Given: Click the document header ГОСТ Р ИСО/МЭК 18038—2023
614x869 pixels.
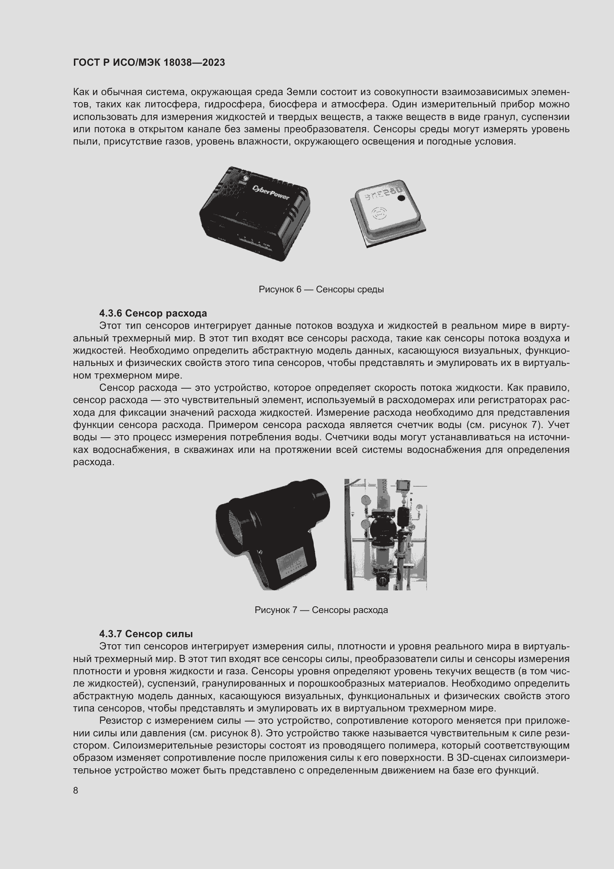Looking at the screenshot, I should click(x=149, y=62).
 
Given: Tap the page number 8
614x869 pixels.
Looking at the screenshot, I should click(x=76, y=790).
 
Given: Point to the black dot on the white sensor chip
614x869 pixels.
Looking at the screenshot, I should click(x=402, y=198).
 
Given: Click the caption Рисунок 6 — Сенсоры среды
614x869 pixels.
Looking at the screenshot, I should click(x=321, y=289).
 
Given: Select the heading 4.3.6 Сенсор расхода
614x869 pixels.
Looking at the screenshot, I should click(x=153, y=314).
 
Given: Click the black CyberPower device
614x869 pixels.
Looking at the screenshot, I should click(x=255, y=214).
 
